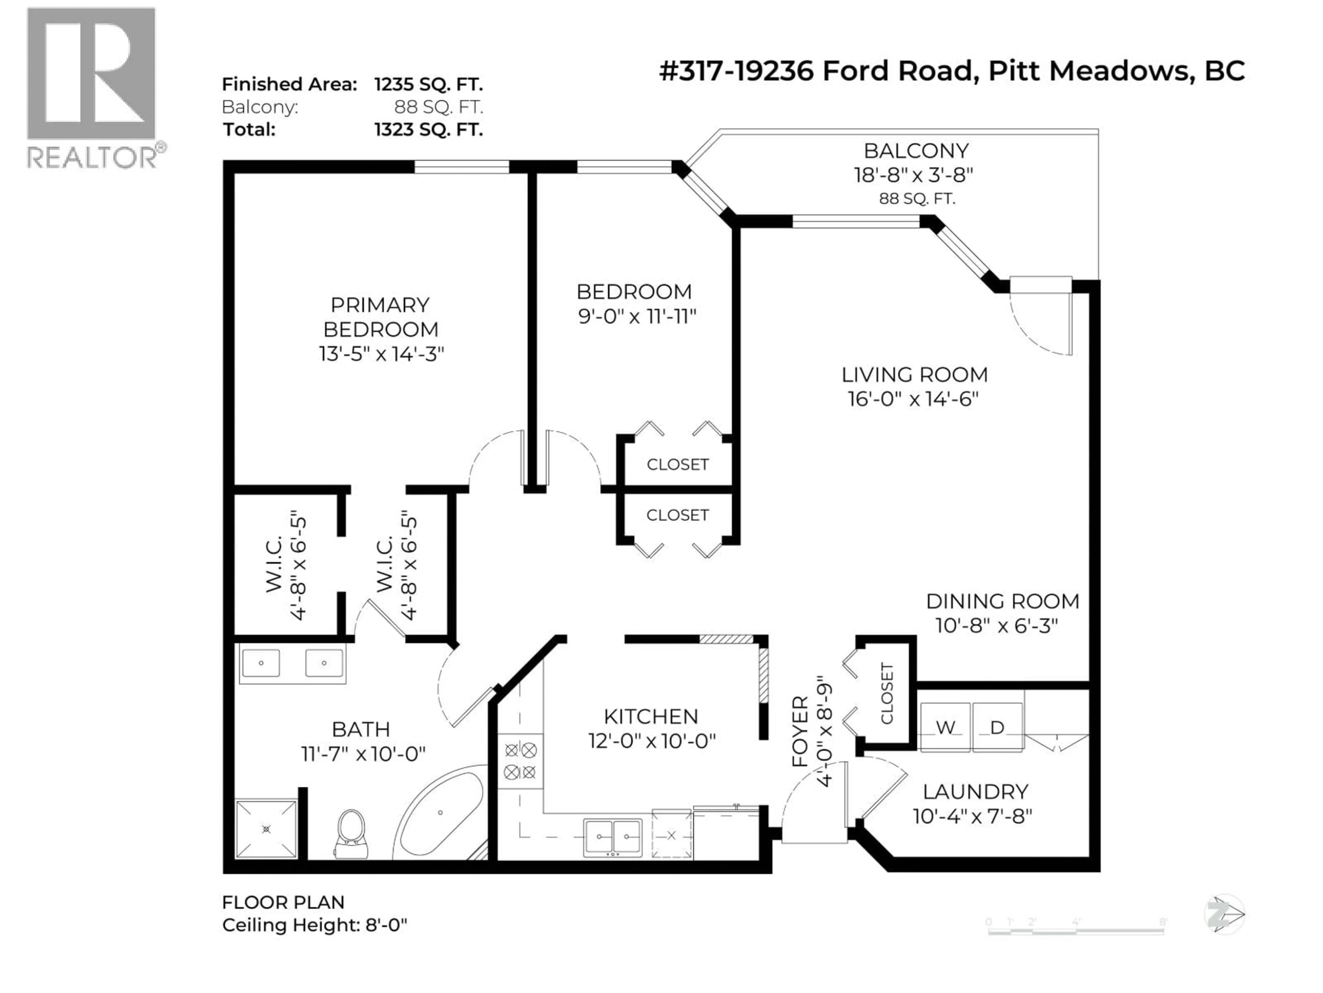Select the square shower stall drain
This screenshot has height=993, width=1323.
point(266,829)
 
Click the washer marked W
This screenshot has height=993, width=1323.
point(945,727)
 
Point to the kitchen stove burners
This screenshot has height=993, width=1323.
point(520,761)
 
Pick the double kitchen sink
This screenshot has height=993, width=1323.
point(613,836)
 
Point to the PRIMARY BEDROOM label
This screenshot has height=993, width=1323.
point(380,317)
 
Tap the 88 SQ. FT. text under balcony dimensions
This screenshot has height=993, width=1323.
point(917,199)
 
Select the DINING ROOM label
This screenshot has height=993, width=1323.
point(1003,601)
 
